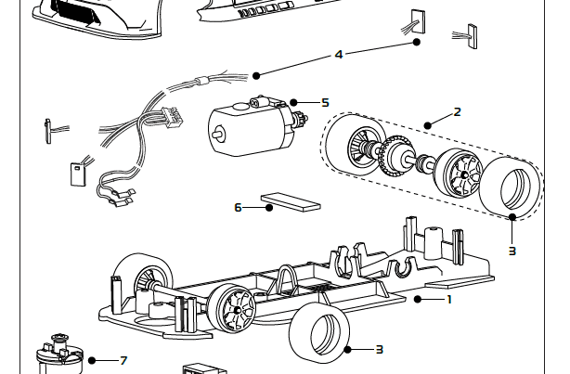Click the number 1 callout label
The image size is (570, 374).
pyautogui.click(x=448, y=300)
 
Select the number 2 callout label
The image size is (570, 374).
pyautogui.click(x=457, y=112)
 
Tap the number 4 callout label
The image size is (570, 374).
pyautogui.click(x=339, y=55)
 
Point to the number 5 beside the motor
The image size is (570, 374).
pyautogui.click(x=325, y=102)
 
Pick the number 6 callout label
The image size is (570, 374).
pyautogui.click(x=238, y=208)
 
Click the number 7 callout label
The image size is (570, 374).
pyautogui.click(x=123, y=360)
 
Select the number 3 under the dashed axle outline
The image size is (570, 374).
pyautogui.click(x=512, y=251)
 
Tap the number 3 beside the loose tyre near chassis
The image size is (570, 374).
pyautogui.click(x=379, y=349)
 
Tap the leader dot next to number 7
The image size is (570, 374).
pyautogui.click(x=92, y=360)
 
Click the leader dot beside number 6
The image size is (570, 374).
pyautogui.click(x=269, y=208)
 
